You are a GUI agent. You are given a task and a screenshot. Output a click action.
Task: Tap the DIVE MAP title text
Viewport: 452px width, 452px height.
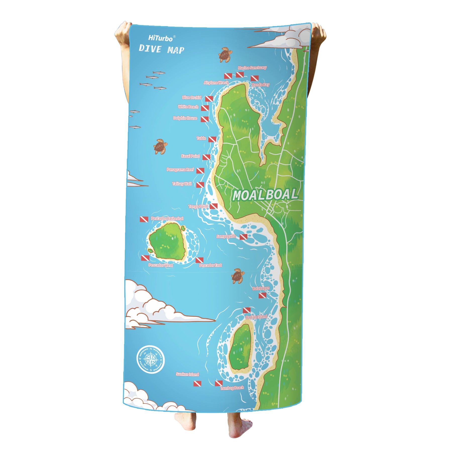(x=161, y=49)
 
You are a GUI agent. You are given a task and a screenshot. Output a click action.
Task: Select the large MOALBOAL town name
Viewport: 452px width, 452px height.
(x=265, y=195)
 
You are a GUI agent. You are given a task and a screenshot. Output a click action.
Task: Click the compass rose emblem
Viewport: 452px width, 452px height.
(x=151, y=359)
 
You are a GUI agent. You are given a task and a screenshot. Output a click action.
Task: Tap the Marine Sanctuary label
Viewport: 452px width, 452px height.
(x=252, y=68)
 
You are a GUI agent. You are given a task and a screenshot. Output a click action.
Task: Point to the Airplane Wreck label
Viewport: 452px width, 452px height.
(x=216, y=83)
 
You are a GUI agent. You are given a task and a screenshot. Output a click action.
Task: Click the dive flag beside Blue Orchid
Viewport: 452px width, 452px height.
(x=209, y=99)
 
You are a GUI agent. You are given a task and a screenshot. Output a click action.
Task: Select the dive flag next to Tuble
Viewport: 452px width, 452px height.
(x=212, y=139)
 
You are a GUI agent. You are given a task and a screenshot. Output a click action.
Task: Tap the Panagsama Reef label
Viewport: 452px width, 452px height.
(x=180, y=170)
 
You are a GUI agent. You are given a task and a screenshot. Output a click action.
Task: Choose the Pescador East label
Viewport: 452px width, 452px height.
(x=210, y=265)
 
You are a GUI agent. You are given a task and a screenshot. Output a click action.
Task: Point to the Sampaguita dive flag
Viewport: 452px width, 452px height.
(x=243, y=237)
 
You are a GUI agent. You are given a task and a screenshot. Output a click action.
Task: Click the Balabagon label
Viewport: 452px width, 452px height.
(x=261, y=288)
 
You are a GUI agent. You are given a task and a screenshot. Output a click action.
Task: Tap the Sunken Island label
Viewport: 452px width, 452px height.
(x=187, y=374)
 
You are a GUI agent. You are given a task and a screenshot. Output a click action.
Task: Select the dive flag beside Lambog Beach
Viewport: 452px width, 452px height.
(x=218, y=383)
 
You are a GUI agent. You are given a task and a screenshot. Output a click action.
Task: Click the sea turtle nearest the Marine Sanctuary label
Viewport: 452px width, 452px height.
(x=225, y=54)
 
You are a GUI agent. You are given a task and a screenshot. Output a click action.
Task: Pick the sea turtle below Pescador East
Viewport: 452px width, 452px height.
(x=238, y=276)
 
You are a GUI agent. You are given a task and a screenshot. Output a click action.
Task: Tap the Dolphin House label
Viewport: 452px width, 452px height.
(x=185, y=118)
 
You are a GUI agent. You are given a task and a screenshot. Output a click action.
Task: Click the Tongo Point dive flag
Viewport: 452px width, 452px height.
(x=213, y=206)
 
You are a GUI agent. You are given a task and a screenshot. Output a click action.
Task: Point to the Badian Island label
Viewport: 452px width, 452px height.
(x=256, y=317)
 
